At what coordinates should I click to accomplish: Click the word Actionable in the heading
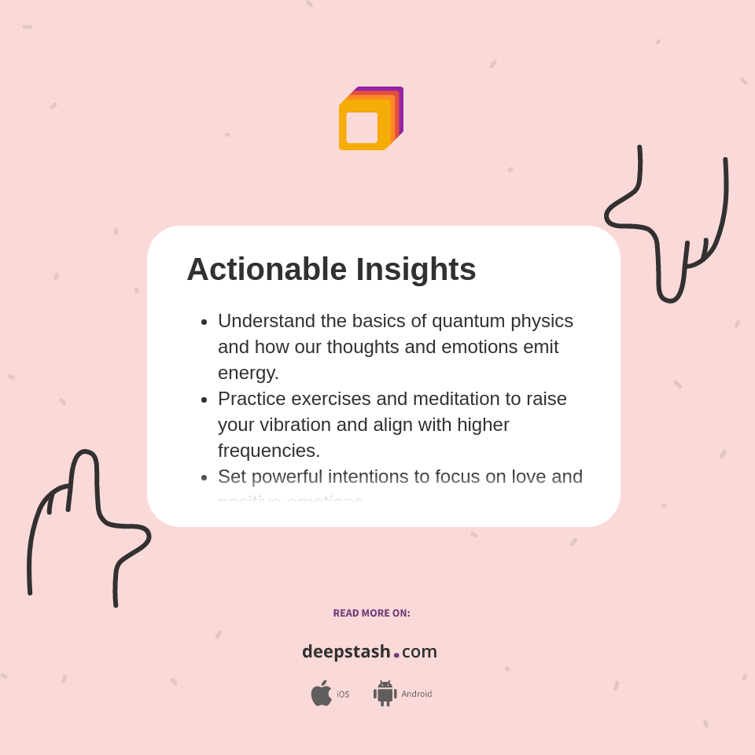click(x=266, y=270)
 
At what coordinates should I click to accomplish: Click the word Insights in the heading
click(x=416, y=270)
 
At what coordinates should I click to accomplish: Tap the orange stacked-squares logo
click(x=370, y=119)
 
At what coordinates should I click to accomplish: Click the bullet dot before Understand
click(x=204, y=322)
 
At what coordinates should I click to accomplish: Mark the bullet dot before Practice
click(x=204, y=400)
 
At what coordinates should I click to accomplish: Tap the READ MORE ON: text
click(x=371, y=613)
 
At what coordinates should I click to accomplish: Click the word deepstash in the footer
click(x=346, y=651)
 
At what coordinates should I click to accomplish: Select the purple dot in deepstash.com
click(x=396, y=654)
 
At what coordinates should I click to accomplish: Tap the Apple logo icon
click(x=321, y=693)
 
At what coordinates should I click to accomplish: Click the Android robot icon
click(x=385, y=693)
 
